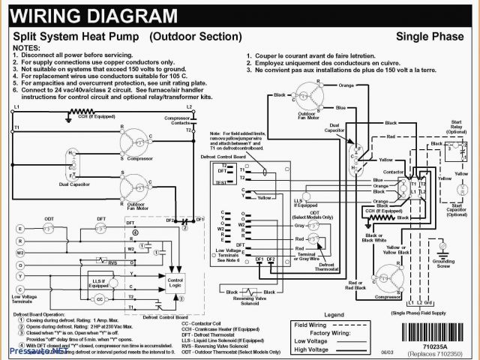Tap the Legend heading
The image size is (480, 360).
[x=334, y=316]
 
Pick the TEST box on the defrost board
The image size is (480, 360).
[x=221, y=182]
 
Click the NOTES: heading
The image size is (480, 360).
[x=25, y=46]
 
